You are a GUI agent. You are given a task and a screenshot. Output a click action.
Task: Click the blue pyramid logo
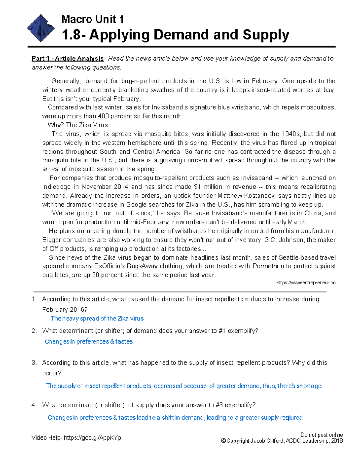tap(40, 29)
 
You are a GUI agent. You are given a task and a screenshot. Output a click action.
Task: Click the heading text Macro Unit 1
tap(92, 19)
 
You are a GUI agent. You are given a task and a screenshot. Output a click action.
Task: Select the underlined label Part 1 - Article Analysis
tap(68, 59)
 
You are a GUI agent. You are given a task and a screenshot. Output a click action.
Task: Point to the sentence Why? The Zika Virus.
tap(78, 125)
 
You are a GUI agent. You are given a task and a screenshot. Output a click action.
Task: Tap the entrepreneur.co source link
tap(306, 283)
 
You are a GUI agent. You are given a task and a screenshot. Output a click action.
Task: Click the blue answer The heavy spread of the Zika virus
tap(97, 319)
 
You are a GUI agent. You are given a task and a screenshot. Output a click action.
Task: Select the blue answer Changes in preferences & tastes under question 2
tap(89, 341)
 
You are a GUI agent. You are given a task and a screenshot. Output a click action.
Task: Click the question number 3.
tap(34, 363)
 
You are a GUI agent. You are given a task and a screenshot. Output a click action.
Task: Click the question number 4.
tap(34, 405)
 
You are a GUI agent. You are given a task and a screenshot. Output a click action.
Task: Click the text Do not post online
tap(322, 435)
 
